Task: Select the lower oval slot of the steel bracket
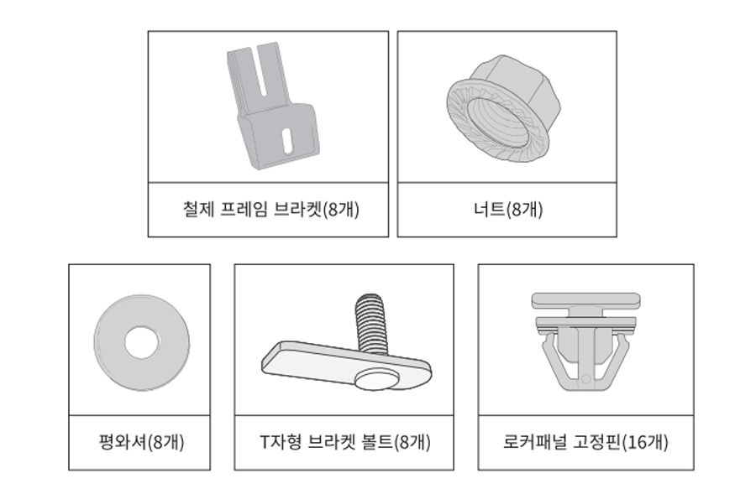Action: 287,141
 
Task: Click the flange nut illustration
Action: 503,108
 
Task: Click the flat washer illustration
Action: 142,342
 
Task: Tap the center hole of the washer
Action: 142,343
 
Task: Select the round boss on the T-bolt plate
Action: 375,379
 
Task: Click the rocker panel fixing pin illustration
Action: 585,341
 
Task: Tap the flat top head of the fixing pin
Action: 585,300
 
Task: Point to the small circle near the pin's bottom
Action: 585,379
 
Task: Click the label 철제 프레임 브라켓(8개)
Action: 270,210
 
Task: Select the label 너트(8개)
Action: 508,210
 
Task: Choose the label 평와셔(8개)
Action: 141,442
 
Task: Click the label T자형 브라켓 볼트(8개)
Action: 345,442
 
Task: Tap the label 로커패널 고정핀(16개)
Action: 585,442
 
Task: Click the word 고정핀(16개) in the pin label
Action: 621,442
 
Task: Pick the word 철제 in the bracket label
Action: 198,210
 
